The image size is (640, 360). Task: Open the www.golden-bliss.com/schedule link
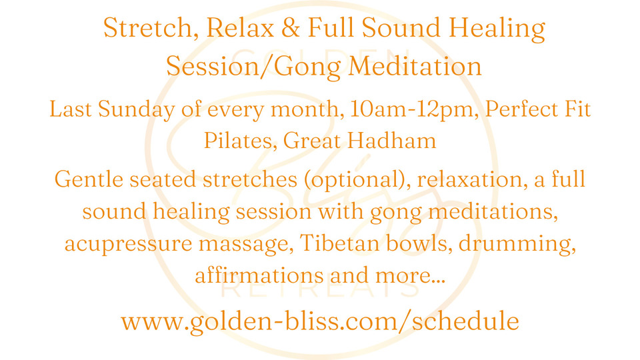[320, 321]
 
